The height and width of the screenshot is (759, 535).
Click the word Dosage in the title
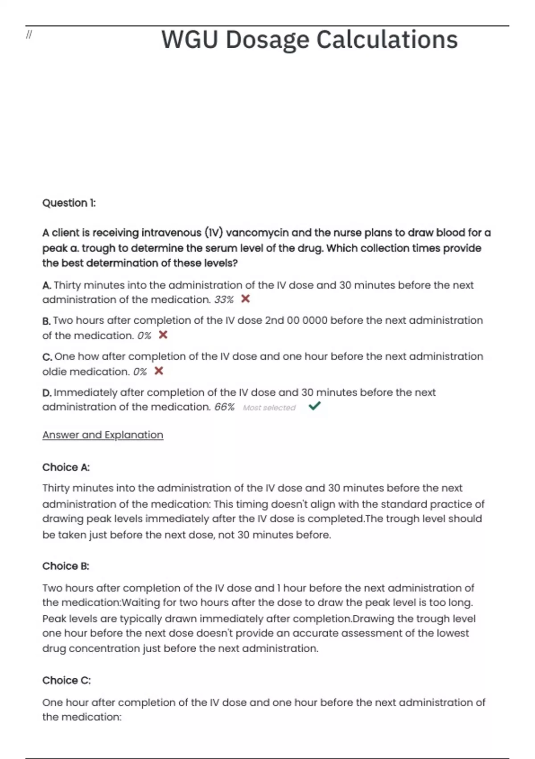pyautogui.click(x=267, y=40)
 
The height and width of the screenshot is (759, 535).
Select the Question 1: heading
pyautogui.click(x=69, y=203)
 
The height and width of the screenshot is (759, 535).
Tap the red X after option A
pyautogui.click(x=245, y=299)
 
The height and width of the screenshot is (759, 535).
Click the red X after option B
pyautogui.click(x=163, y=335)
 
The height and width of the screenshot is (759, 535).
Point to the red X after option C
pyautogui.click(x=159, y=371)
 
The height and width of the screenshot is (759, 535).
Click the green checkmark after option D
pyautogui.click(x=315, y=406)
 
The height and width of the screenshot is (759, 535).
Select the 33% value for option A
pyautogui.click(x=224, y=300)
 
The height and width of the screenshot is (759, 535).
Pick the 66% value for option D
pyautogui.click(x=224, y=407)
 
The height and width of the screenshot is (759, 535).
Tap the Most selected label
pyautogui.click(x=269, y=408)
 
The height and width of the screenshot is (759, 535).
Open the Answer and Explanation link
pyautogui.click(x=103, y=435)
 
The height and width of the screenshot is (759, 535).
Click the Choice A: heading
pyautogui.click(x=66, y=467)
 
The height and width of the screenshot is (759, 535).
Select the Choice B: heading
pyautogui.click(x=66, y=566)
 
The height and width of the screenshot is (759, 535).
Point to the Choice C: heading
pyautogui.click(x=66, y=680)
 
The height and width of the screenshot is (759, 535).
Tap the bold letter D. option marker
pyautogui.click(x=47, y=393)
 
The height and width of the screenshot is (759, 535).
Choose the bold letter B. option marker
pyautogui.click(x=46, y=321)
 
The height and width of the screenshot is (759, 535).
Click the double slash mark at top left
pyautogui.click(x=29, y=35)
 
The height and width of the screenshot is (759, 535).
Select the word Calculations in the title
pyautogui.click(x=387, y=40)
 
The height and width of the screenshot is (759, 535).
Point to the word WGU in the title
pyautogui.click(x=190, y=40)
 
